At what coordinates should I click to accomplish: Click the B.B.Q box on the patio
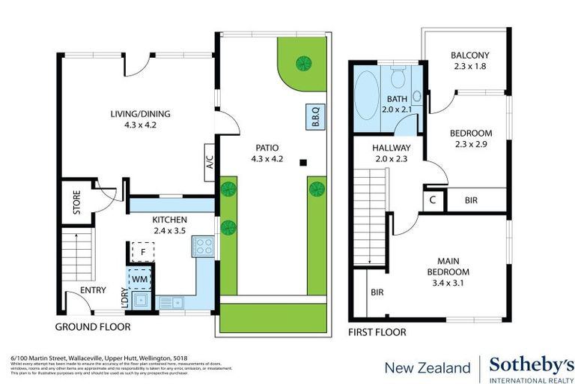pyautogui.click(x=314, y=118)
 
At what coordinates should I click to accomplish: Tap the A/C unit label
pyautogui.click(x=209, y=161)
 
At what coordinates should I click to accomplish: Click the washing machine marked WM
pyautogui.click(x=139, y=278)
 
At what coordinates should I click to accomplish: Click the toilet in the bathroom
pyautogui.click(x=399, y=77)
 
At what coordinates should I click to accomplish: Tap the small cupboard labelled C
pyautogui.click(x=433, y=200)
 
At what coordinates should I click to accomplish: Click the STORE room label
pyautogui.click(x=77, y=204)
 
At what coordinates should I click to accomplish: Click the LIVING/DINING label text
pyautogui.click(x=141, y=114)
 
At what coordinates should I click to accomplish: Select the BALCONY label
pyautogui.click(x=469, y=55)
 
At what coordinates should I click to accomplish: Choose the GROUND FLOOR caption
pyautogui.click(x=92, y=327)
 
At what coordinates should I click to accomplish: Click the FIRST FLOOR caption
pyautogui.click(x=377, y=331)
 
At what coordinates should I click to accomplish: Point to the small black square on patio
pyautogui.click(x=303, y=162)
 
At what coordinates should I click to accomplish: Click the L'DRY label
pyautogui.click(x=124, y=295)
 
